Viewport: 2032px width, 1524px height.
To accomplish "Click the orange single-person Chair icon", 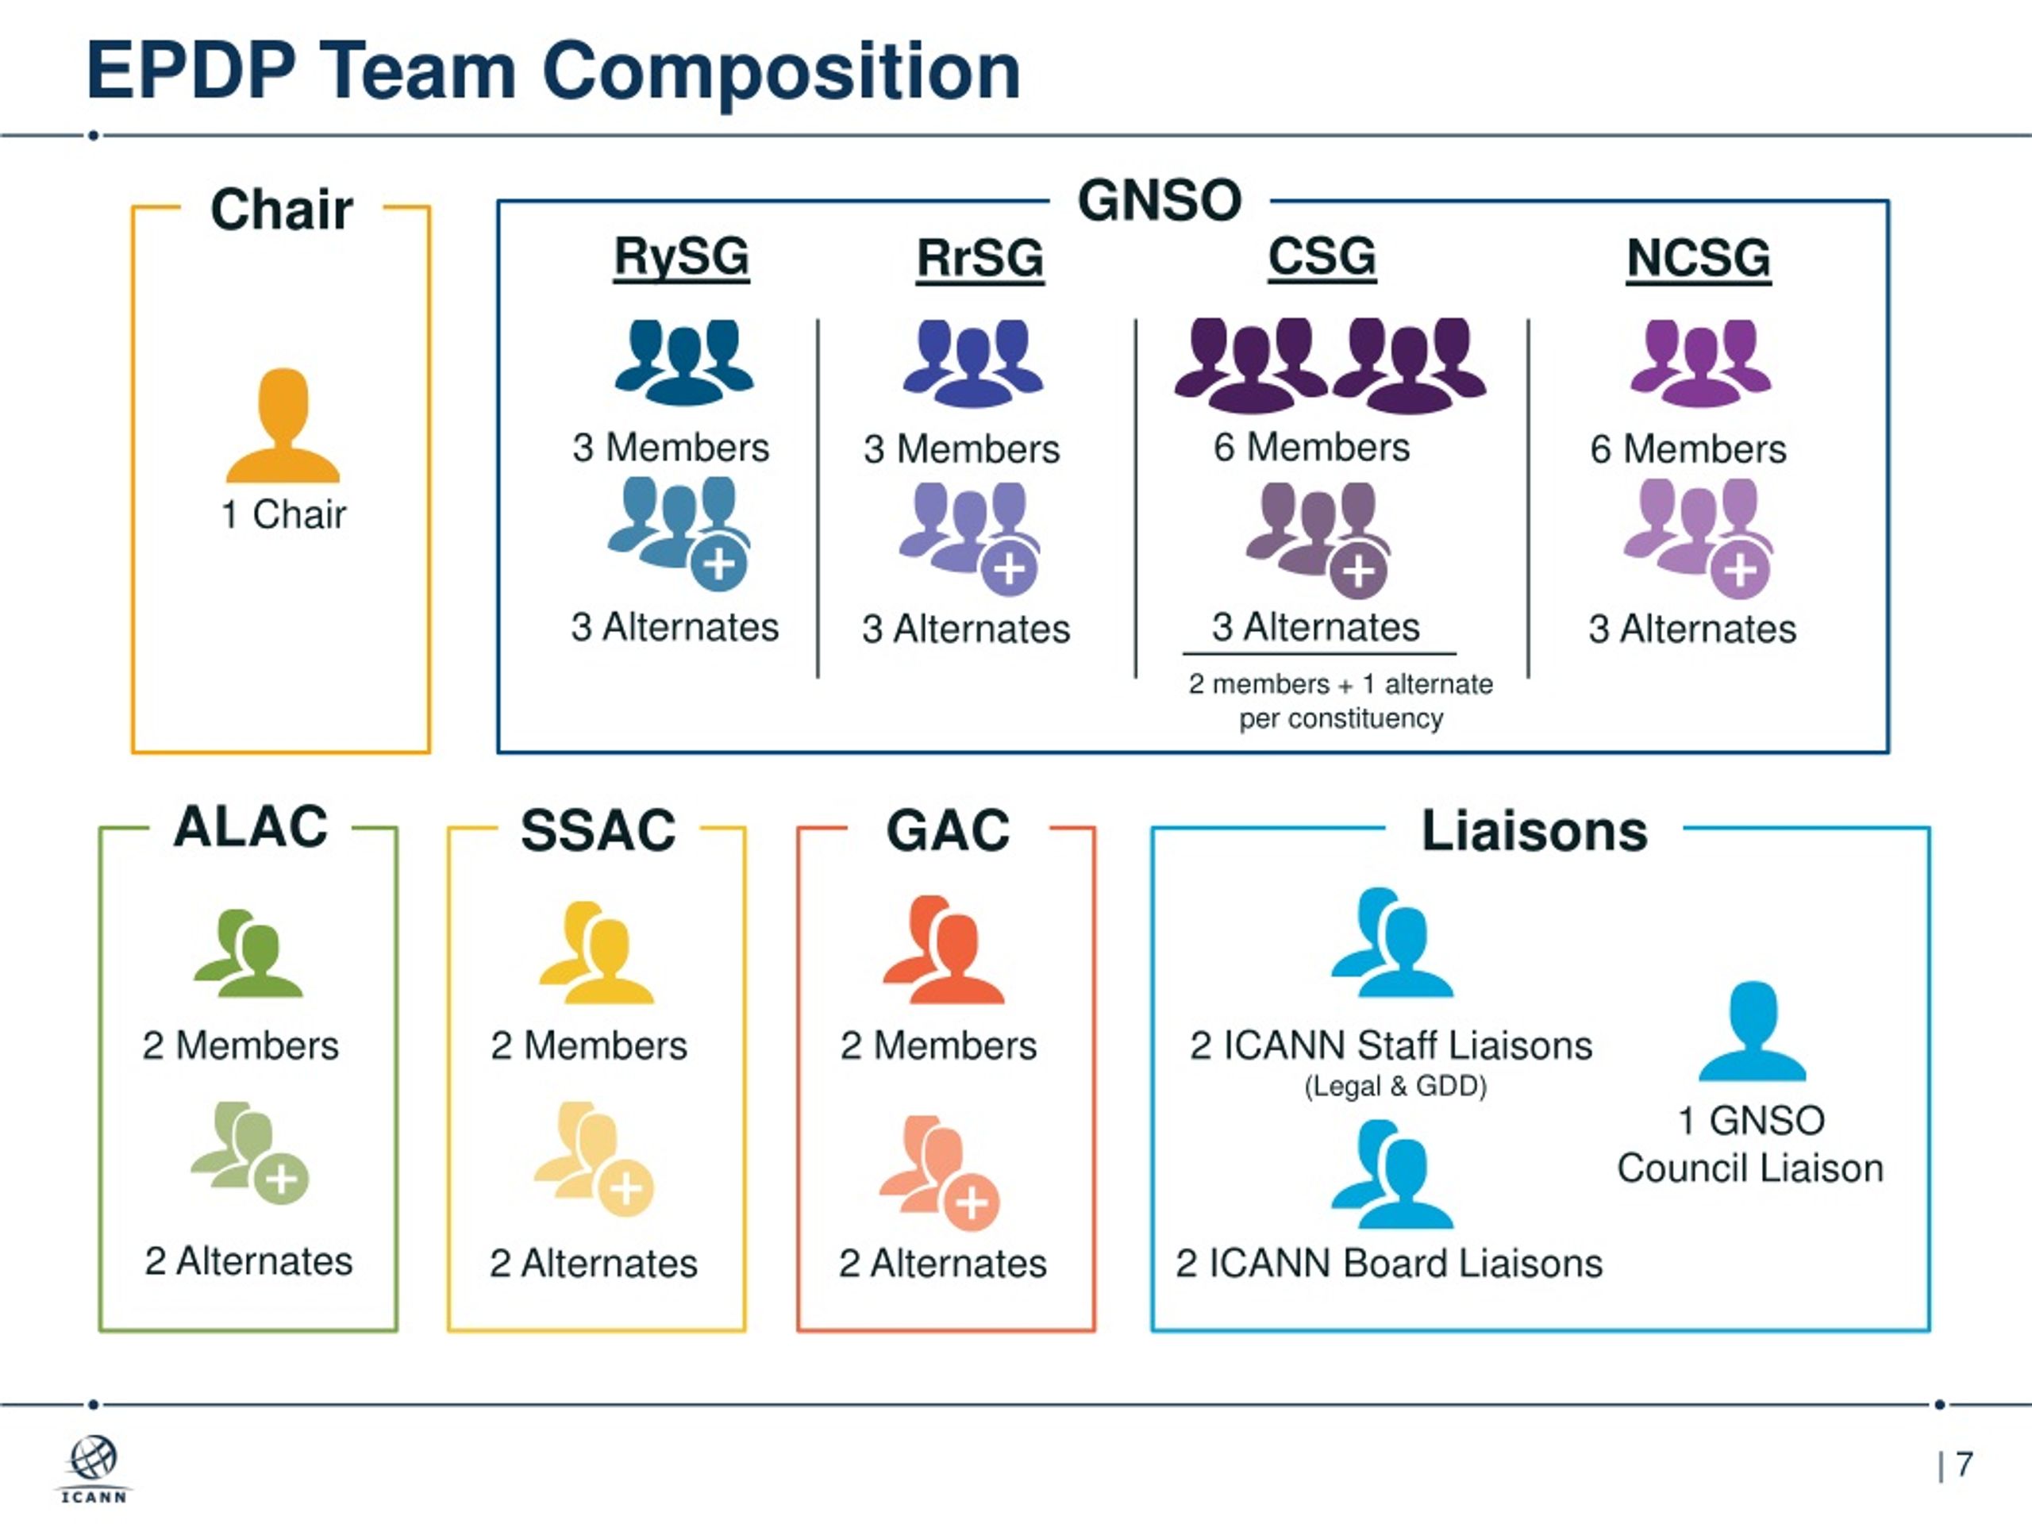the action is [x=283, y=425].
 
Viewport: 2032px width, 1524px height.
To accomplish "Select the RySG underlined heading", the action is [x=682, y=257].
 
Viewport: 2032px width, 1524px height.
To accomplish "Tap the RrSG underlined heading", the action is [x=980, y=258].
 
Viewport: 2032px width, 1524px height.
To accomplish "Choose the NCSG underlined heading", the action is [x=1699, y=258].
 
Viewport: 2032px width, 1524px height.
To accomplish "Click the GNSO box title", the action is [x=1160, y=200].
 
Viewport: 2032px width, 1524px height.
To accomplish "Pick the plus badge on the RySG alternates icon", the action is [x=719, y=563].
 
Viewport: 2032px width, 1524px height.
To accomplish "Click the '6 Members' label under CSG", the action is [x=1312, y=448].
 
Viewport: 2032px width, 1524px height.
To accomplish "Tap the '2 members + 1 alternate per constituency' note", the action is [x=1341, y=701].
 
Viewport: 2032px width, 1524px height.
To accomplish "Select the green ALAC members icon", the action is [x=248, y=952].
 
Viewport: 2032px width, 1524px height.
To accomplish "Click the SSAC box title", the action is [x=598, y=830].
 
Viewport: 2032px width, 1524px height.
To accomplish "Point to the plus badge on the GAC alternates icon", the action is [x=972, y=1203].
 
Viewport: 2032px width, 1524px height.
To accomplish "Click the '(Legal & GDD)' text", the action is [x=1395, y=1086].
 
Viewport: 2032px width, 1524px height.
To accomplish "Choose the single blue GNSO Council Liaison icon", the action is [x=1753, y=1031].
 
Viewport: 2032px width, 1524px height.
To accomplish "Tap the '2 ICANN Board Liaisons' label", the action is [x=1389, y=1263].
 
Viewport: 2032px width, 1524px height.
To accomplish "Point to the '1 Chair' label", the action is [x=283, y=514].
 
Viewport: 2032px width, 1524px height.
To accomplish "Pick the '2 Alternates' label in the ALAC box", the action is [x=248, y=1261].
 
